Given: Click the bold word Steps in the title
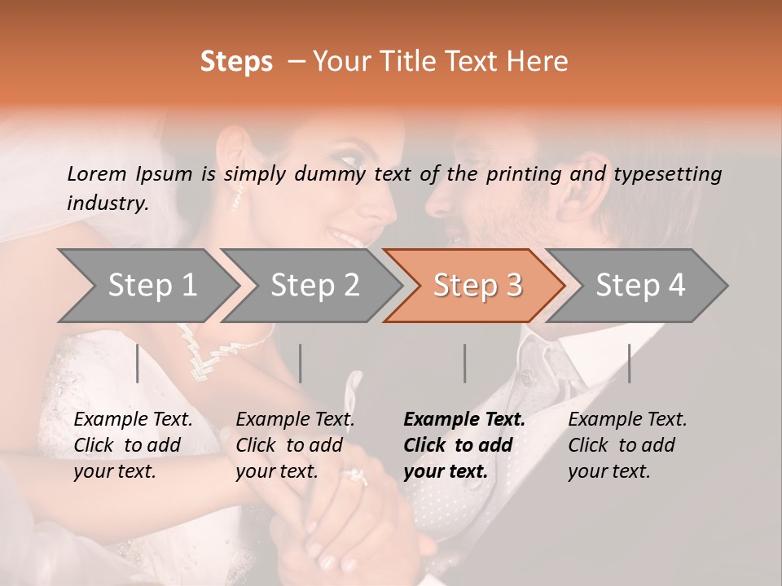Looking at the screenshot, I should (x=236, y=62).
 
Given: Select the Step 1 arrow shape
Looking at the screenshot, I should (x=147, y=285).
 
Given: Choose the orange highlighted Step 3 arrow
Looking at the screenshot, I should (x=477, y=285).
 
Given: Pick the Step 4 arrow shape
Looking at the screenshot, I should (x=639, y=285).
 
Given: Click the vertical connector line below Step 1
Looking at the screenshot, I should (x=138, y=363).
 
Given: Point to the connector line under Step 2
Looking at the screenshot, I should (x=301, y=363).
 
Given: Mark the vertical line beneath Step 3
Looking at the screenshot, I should (x=464, y=363).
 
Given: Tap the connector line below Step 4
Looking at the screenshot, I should (x=629, y=363).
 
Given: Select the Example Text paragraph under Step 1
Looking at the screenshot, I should (x=133, y=445).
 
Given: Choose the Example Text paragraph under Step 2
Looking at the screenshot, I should (x=295, y=445).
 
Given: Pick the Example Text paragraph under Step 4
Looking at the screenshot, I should (x=627, y=445).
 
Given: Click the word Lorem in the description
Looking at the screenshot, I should (x=97, y=173).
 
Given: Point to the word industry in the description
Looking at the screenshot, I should (x=107, y=203).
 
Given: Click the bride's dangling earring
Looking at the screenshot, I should (x=239, y=195).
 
